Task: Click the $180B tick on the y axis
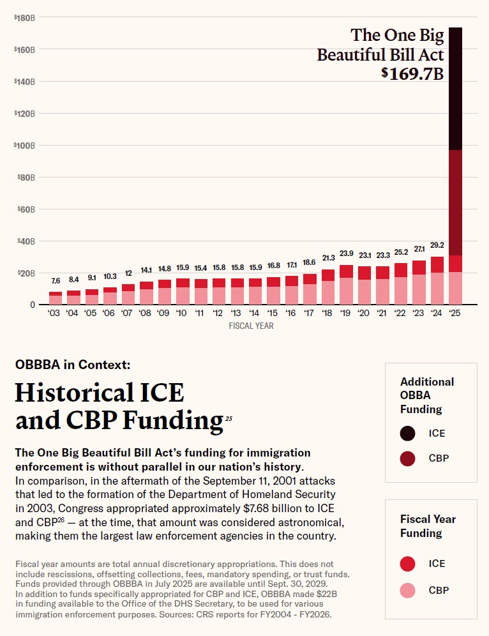[x=24, y=18]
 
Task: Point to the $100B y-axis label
[x=24, y=146]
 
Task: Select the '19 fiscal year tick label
[x=346, y=314]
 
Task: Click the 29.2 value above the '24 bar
[x=437, y=245]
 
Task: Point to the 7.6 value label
[x=56, y=280]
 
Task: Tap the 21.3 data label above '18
[x=327, y=258]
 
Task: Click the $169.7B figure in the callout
[x=412, y=73]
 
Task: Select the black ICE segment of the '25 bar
[x=455, y=89]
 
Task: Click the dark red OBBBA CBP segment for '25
[x=455, y=202]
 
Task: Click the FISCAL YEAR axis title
[x=251, y=326]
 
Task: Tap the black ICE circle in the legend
[x=408, y=434]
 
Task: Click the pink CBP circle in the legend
[x=408, y=590]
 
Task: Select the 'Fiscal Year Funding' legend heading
[x=428, y=526]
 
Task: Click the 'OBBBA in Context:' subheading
[x=73, y=365]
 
